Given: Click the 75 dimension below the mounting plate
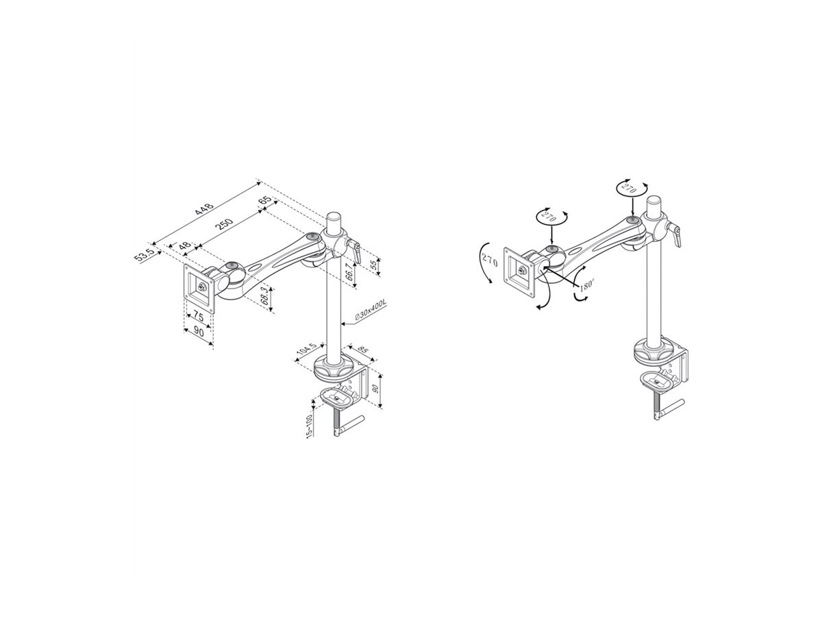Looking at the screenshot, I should coord(197,317).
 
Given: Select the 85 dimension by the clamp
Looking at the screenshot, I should coord(363,352).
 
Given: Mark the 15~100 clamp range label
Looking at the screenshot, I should coord(309,426).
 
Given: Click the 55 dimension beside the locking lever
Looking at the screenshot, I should coord(373,266).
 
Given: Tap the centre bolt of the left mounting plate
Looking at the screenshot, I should coord(203,289).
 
